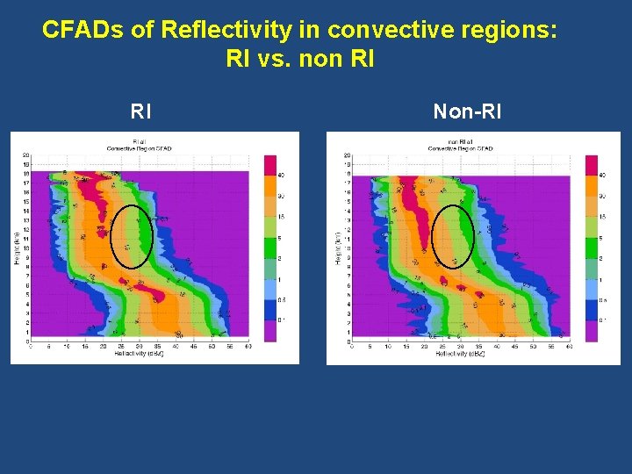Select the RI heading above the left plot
point(140,111)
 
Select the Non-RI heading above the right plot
point(467,111)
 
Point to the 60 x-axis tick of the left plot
point(248,348)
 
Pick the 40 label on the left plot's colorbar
point(281,176)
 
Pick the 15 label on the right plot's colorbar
point(602,217)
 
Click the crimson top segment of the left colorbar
point(270,165)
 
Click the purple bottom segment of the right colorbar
point(591,330)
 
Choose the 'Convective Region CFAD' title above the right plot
point(460,148)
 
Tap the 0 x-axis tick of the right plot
point(352,348)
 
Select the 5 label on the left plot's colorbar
point(281,237)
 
